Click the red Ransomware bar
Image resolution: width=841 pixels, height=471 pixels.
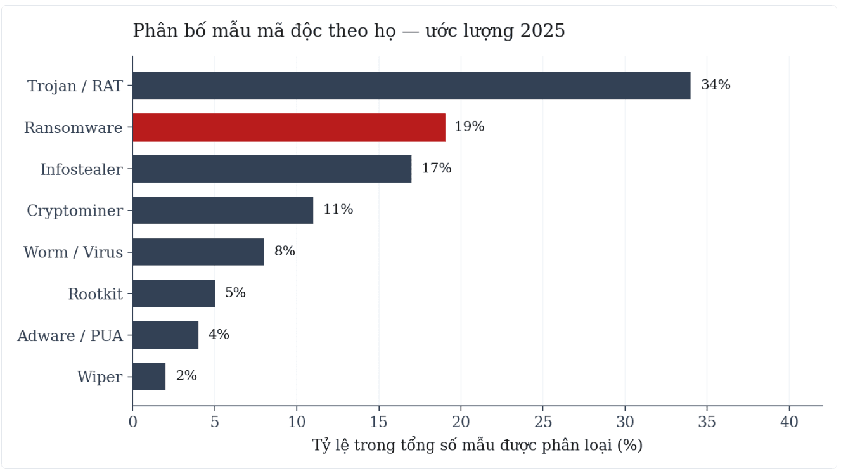click(x=289, y=127)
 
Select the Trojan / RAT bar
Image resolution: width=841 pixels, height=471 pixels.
click(x=411, y=86)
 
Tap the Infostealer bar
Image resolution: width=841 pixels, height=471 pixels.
click(x=272, y=169)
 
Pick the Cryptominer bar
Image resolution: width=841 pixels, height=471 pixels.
click(x=223, y=210)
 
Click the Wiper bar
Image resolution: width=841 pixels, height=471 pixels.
click(x=149, y=377)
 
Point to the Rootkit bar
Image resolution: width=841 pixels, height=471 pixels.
click(x=174, y=294)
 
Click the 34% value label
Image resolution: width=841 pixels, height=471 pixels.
click(x=716, y=84)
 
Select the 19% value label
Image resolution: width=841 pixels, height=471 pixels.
click(x=470, y=126)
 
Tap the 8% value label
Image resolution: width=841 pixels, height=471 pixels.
click(x=285, y=251)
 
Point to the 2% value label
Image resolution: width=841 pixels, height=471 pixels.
click(x=186, y=376)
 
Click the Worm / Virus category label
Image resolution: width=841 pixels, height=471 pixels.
click(x=74, y=252)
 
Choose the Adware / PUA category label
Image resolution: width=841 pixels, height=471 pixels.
click(x=70, y=335)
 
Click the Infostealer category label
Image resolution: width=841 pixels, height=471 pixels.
click(x=82, y=169)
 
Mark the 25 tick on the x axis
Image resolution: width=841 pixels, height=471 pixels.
click(x=543, y=422)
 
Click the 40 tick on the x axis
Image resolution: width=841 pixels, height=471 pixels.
click(x=789, y=422)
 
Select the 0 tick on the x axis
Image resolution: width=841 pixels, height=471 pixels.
click(x=133, y=422)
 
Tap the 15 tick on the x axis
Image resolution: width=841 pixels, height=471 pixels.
click(x=378, y=422)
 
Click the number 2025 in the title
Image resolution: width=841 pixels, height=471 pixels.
click(x=542, y=31)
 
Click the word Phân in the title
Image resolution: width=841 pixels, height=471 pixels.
click(x=155, y=30)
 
